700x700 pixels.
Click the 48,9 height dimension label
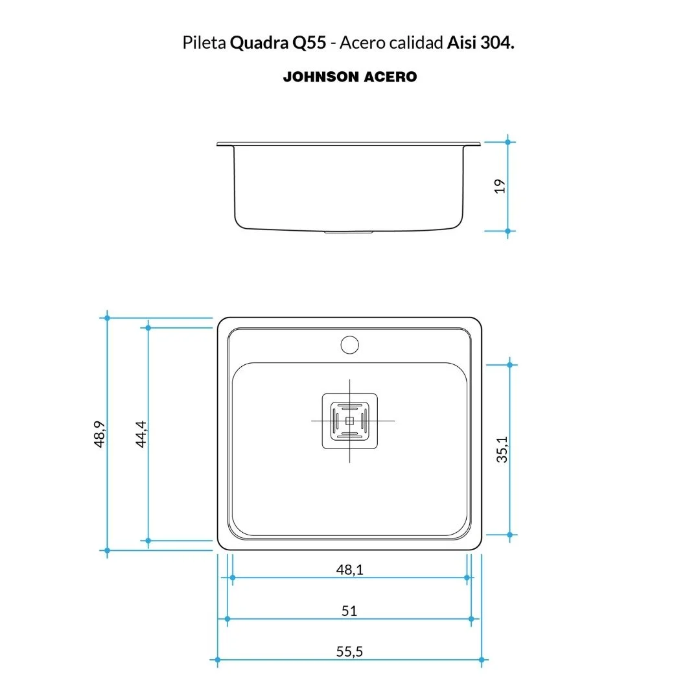(x=100, y=434)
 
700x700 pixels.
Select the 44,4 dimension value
(x=141, y=434)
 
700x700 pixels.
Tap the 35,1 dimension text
(x=502, y=450)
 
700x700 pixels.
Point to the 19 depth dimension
(x=500, y=186)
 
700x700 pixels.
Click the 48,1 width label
(x=349, y=570)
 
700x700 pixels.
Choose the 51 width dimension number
(x=349, y=611)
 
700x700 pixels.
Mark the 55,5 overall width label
(x=349, y=652)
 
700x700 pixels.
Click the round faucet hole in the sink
(x=349, y=345)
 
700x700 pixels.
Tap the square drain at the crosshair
(x=349, y=421)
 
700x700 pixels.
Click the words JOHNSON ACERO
(x=350, y=76)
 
